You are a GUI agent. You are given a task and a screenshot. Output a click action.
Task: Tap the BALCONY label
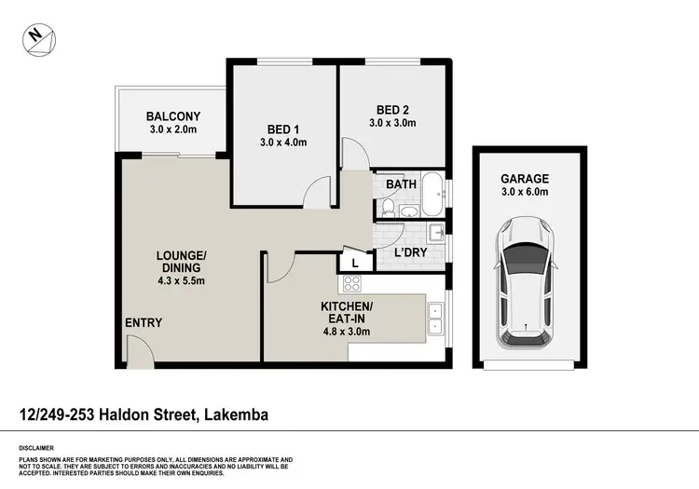[172, 116]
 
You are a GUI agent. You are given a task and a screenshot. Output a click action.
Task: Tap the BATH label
[401, 184]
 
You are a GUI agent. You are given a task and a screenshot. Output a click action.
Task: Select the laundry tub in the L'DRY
[434, 233]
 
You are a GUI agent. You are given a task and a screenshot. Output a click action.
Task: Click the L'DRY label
[410, 252]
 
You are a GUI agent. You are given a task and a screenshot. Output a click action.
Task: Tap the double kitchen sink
[435, 319]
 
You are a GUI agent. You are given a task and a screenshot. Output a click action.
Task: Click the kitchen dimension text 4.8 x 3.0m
[347, 331]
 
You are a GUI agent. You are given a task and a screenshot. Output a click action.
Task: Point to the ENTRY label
[144, 323]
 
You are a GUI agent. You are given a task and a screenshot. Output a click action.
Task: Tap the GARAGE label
[525, 179]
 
